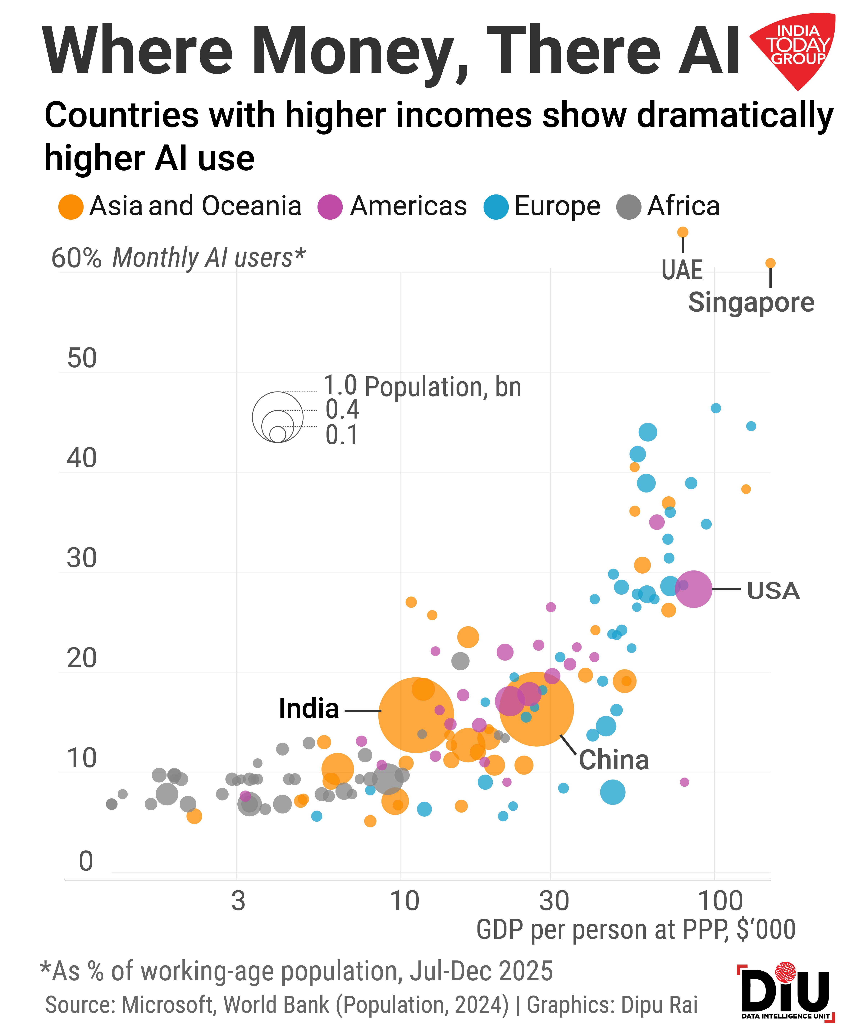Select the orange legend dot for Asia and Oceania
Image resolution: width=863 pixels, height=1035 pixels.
(x=71, y=207)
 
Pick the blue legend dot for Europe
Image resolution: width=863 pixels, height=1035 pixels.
(x=496, y=207)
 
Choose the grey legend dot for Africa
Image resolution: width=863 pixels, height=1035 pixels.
(x=628, y=207)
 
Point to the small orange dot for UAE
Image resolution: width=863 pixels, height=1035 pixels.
(x=683, y=232)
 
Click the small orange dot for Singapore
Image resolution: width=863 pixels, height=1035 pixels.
(x=770, y=263)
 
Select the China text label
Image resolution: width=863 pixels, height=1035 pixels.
(x=614, y=759)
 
